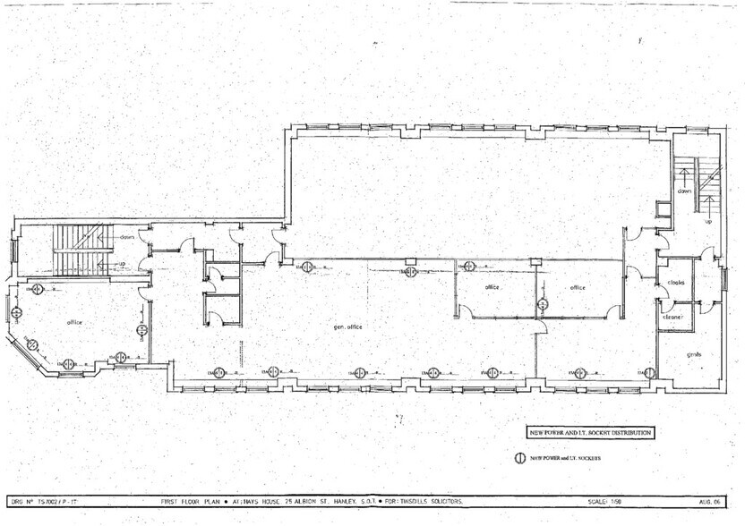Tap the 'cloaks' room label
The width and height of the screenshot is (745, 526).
tap(676, 283)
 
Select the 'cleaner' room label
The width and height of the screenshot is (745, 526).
tap(673, 317)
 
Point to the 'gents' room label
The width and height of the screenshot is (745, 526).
tap(693, 353)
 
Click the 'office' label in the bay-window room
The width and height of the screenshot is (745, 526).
tap(74, 322)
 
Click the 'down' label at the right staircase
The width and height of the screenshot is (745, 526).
tap(684, 191)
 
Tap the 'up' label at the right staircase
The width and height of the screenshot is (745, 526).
tap(708, 221)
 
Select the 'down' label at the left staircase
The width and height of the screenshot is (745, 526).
tap(126, 237)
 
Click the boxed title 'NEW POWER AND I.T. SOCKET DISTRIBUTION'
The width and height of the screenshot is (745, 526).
tap(590, 432)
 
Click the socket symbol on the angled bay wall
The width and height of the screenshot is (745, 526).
tap(30, 345)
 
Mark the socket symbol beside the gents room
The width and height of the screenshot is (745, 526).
tap(646, 371)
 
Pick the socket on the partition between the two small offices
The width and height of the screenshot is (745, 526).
tap(542, 305)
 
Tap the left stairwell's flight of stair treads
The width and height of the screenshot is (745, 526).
tap(69, 249)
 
